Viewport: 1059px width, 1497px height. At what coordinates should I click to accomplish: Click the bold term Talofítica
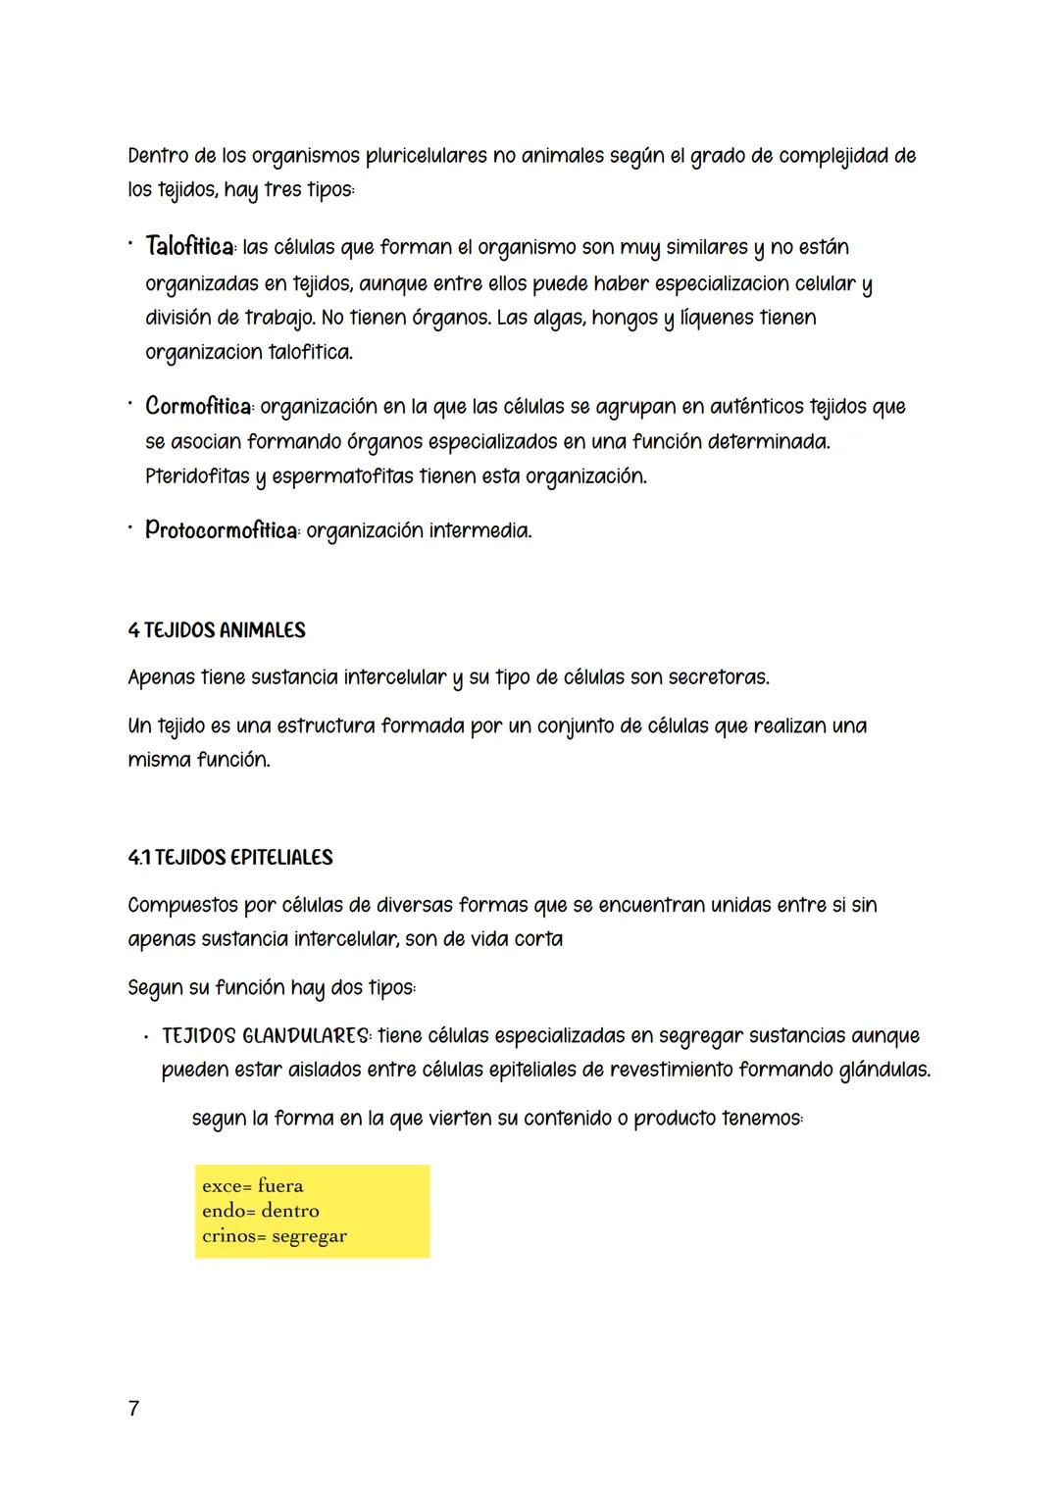coord(190,246)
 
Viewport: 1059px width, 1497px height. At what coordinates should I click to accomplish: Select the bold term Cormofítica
coord(197,406)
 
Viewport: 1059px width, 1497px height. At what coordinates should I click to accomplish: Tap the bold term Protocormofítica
coord(222,530)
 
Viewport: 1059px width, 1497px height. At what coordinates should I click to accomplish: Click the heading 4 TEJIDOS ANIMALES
coord(217,630)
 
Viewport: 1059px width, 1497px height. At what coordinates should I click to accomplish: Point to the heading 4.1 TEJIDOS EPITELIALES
coord(230,858)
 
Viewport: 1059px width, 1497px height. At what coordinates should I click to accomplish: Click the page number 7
coord(134,1409)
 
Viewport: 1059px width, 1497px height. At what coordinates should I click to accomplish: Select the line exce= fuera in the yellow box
coord(252,1186)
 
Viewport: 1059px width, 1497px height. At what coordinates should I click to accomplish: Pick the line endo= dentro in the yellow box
coord(260,1211)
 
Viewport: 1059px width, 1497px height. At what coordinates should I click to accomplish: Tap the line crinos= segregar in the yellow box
coord(274,1236)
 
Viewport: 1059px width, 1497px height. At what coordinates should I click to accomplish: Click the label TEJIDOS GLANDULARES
coord(266,1036)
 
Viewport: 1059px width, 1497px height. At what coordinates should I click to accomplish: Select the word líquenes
coord(716,319)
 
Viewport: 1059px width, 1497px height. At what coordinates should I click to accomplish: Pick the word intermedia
coord(480,531)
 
